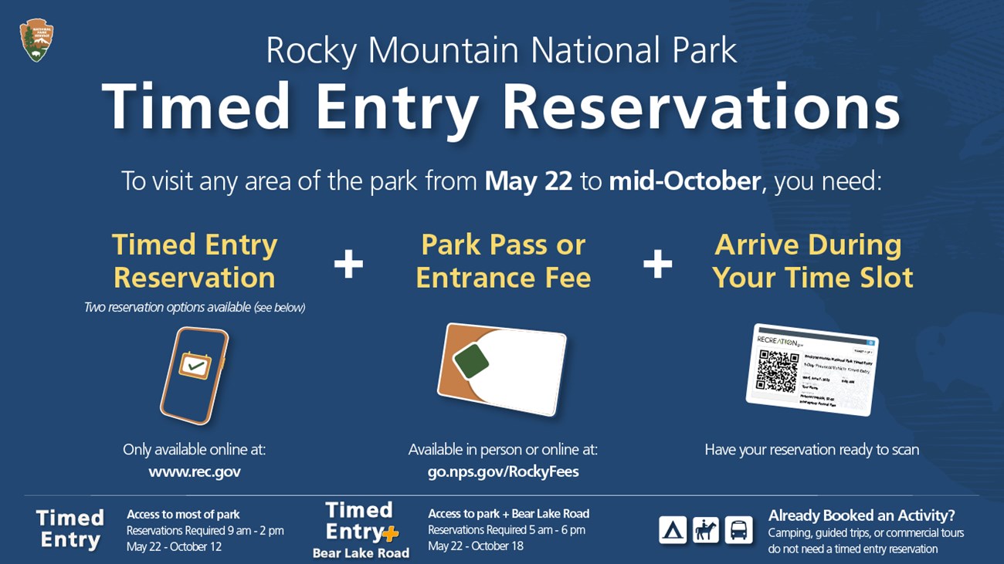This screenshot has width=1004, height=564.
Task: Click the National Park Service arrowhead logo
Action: (36, 41)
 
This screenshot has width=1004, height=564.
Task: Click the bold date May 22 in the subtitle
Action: (528, 181)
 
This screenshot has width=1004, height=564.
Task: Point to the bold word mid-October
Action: (684, 181)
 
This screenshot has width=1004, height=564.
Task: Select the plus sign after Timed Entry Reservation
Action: (348, 264)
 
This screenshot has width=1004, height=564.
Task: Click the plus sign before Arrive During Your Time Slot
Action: (657, 264)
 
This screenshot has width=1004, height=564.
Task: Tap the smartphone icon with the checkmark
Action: (194, 375)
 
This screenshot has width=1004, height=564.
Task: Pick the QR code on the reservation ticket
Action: (777, 370)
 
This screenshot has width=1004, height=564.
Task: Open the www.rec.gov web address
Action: (194, 471)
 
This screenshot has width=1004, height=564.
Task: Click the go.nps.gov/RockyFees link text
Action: (503, 471)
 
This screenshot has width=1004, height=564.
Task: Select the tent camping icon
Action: (673, 530)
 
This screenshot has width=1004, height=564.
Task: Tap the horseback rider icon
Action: (706, 530)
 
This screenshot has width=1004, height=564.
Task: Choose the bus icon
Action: (738, 530)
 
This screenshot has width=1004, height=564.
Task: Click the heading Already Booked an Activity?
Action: (861, 515)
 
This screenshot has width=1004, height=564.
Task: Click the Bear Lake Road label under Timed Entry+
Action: (361, 552)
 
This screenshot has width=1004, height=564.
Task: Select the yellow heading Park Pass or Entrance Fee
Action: (503, 261)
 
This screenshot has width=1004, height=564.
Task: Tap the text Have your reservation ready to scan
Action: (812, 449)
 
